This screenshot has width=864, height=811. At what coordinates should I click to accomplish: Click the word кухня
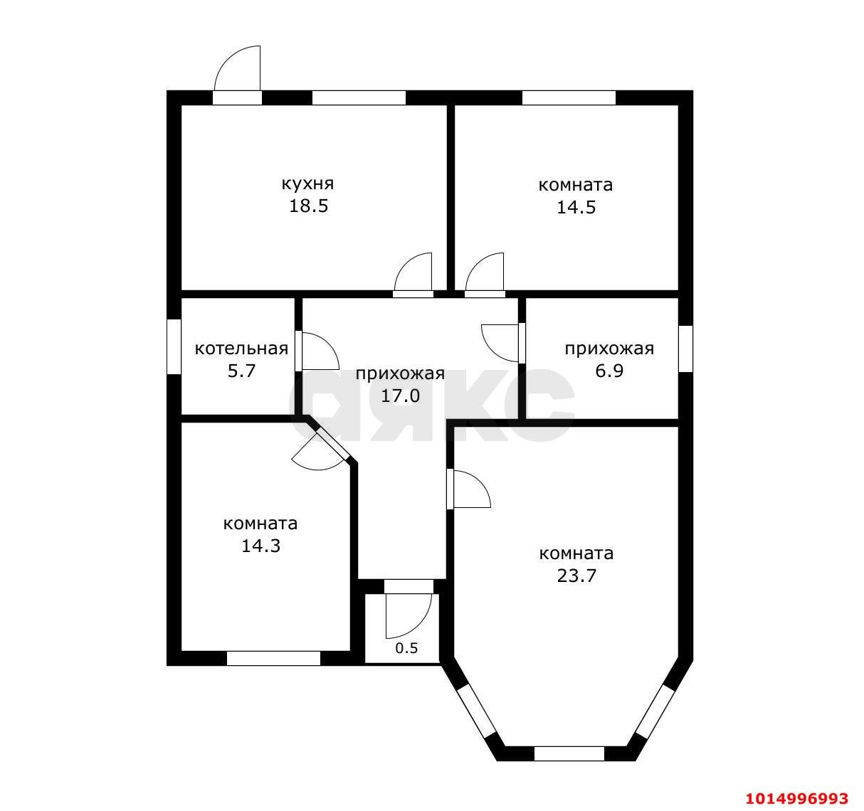pyautogui.click(x=307, y=184)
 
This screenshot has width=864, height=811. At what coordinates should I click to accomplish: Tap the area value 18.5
pyautogui.click(x=308, y=206)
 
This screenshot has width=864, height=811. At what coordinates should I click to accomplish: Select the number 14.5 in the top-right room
pyautogui.click(x=576, y=207)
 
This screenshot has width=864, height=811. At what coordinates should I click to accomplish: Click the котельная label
pyautogui.click(x=241, y=349)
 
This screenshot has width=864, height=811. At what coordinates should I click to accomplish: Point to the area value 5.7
pyautogui.click(x=241, y=371)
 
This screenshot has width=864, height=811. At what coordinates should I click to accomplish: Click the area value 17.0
pyautogui.click(x=400, y=396)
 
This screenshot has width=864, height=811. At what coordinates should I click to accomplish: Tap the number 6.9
pyautogui.click(x=609, y=371)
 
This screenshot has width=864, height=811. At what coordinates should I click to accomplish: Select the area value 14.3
pyautogui.click(x=260, y=546)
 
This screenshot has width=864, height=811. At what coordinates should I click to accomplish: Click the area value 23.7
pyautogui.click(x=576, y=576)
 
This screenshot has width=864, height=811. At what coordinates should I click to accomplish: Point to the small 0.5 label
pyautogui.click(x=406, y=648)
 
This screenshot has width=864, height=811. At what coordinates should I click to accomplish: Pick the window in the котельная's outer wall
pyautogui.click(x=174, y=346)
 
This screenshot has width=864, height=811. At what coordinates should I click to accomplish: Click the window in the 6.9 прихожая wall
pyautogui.click(x=685, y=349)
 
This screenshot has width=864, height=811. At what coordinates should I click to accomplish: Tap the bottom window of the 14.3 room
pyautogui.click(x=273, y=658)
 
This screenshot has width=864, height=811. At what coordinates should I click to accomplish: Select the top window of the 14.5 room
pyautogui.click(x=569, y=97)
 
